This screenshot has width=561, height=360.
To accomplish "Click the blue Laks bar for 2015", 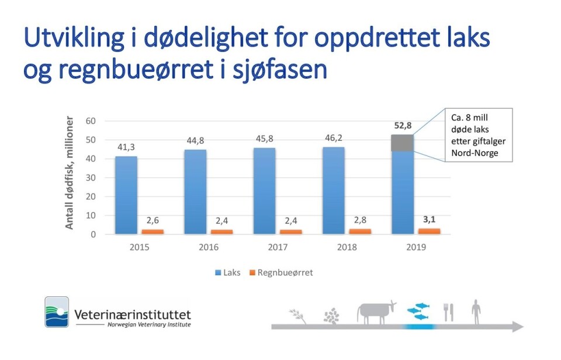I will (x=126, y=195).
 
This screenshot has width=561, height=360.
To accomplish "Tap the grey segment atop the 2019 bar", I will (x=402, y=143).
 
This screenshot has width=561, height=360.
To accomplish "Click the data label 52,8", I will (x=402, y=125).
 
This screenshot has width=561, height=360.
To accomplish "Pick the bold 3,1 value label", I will (x=430, y=219).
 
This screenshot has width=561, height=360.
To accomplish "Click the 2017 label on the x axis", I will (x=278, y=247).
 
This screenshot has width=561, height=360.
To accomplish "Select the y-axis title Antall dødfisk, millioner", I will (x=70, y=174).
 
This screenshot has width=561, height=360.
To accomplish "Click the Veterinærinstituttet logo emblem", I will (x=57, y=311).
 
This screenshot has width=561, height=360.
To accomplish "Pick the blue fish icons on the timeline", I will (x=418, y=311).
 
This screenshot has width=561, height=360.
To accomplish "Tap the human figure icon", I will (x=477, y=311).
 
